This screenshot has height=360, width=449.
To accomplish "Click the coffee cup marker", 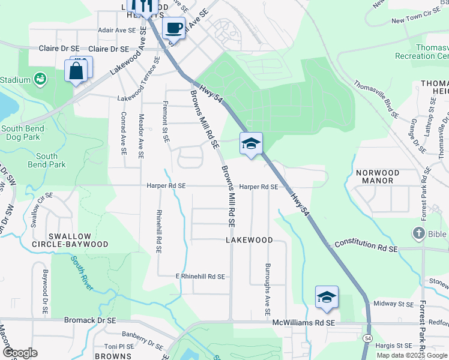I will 174,27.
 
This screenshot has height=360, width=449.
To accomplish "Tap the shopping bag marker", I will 77,71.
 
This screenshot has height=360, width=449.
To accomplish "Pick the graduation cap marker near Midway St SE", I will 327,298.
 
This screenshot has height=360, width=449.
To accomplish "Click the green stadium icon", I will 40,79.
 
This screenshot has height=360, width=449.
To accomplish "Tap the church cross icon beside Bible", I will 418,232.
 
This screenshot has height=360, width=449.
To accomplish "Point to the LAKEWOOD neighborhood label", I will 249,240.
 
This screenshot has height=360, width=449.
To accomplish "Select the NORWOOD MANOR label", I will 382,176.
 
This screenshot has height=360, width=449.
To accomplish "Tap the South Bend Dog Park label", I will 20,133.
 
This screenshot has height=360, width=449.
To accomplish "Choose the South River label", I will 82,273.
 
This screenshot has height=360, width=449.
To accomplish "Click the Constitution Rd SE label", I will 366,243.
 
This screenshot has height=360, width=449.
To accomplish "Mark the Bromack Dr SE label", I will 90,321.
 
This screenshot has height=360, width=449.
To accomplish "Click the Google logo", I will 20,352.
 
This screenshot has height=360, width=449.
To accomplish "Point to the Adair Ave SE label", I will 118,30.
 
